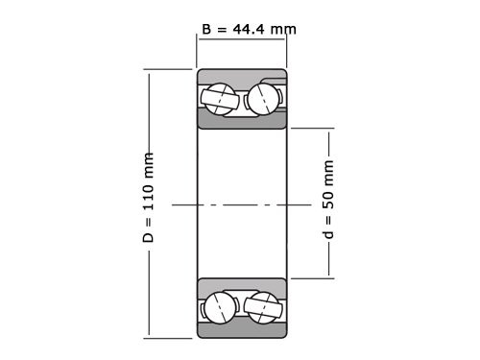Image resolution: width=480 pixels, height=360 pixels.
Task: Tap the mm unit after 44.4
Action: pyautogui.click(x=283, y=30)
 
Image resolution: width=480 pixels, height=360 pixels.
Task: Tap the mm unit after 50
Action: pyautogui.click(x=329, y=174)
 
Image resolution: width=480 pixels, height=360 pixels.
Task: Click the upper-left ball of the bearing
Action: pyautogui.click(x=220, y=97)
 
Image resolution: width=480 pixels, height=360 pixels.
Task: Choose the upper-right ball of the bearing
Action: pyautogui.click(x=264, y=97)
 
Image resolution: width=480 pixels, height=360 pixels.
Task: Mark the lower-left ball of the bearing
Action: pyautogui.click(x=220, y=306)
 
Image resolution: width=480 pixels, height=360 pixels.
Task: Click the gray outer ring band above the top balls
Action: pyautogui.click(x=242, y=76)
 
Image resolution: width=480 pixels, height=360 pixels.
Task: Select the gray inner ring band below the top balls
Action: pyautogui.click(x=242, y=118)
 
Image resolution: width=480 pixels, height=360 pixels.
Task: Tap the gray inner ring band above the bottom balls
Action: pyautogui.click(x=242, y=285)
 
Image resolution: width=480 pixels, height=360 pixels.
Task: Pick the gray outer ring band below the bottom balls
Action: pyautogui.click(x=242, y=328)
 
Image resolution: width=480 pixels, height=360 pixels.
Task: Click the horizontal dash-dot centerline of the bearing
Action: pyautogui.click(x=242, y=204)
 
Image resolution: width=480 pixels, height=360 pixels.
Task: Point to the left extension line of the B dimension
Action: pyautogui.click(x=197, y=53)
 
